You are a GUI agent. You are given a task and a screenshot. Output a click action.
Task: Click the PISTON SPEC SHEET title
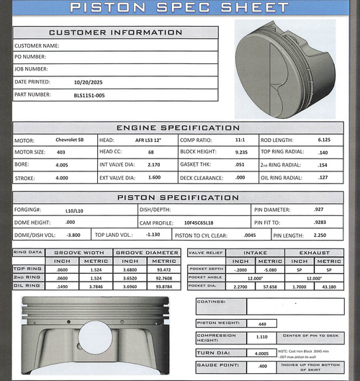180,8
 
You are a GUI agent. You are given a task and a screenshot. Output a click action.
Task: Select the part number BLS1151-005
90,94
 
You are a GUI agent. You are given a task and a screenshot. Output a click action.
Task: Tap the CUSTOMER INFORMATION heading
115,33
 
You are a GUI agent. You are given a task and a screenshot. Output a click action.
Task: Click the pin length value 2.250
320,235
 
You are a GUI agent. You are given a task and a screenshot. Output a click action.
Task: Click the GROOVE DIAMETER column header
147,253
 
